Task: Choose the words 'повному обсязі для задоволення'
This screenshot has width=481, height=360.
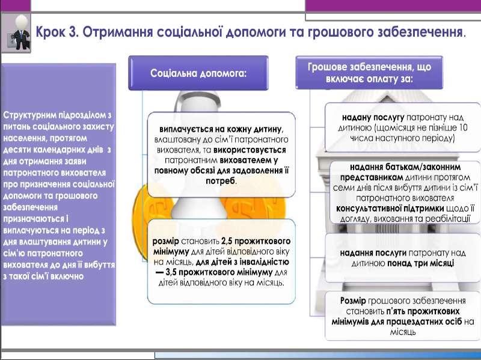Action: tap(221, 170)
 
